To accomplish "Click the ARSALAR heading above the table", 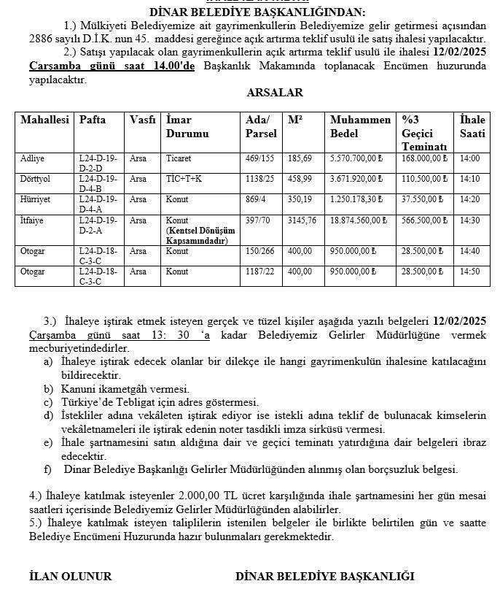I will pyautogui.click(x=275, y=93).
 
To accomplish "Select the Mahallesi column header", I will pyautogui.click(x=44, y=120).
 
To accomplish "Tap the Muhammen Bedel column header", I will pyautogui.click(x=360, y=126).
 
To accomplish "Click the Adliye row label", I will pyautogui.click(x=32, y=158).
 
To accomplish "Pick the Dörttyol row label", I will pyautogui.click(x=36, y=178).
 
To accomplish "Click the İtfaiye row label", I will pyautogui.click(x=34, y=220).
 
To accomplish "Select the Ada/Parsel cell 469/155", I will pyautogui.click(x=259, y=158).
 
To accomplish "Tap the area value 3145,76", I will pyautogui.click(x=302, y=220).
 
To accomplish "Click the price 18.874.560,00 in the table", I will pyautogui.click(x=359, y=220).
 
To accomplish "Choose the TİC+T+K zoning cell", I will pyautogui.click(x=184, y=178).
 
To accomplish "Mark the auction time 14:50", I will pyautogui.click(x=470, y=272).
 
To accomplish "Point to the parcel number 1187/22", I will pyautogui.click(x=259, y=272).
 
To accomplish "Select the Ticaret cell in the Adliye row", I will pyautogui.click(x=179, y=158).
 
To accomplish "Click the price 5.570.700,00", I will pyautogui.click(x=357, y=158).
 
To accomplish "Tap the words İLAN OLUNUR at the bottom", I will pyautogui.click(x=70, y=576).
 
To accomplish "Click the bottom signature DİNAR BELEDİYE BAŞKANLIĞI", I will pyautogui.click(x=324, y=576).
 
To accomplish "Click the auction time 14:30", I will pyautogui.click(x=470, y=220).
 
